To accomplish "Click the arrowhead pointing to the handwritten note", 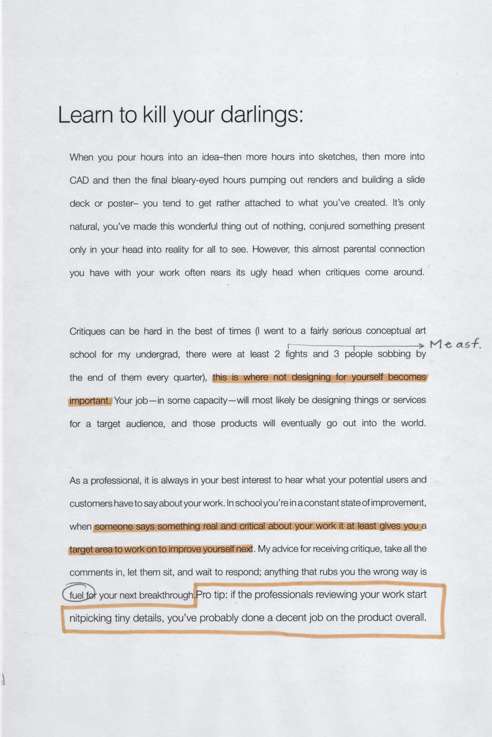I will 421,346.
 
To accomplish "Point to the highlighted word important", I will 90,401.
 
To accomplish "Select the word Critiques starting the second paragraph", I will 87,331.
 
